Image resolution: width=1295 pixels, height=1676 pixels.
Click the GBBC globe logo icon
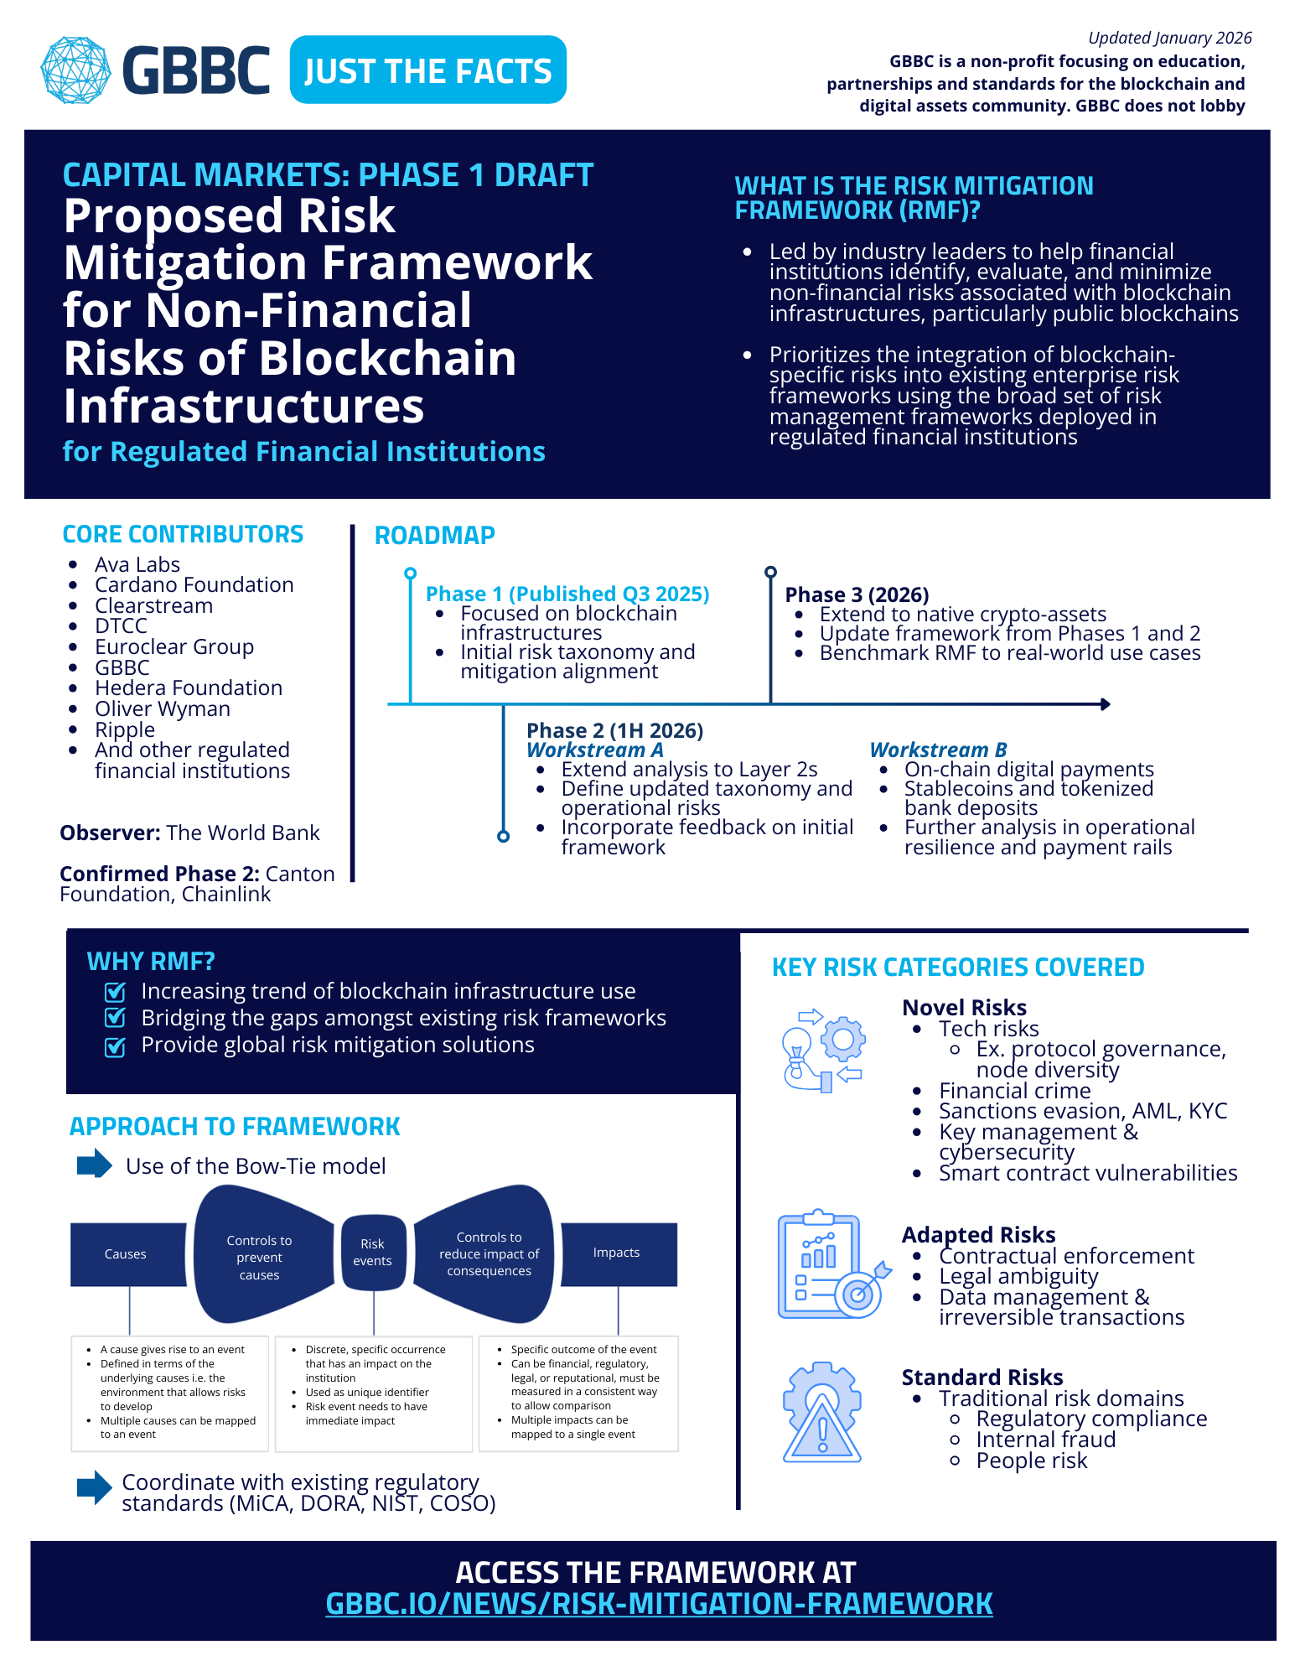coord(75,70)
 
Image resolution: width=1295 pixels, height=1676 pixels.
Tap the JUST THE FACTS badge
coord(427,70)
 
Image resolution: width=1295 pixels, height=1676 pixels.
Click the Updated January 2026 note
coord(1169,38)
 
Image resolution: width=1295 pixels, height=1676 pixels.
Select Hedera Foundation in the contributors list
coord(189,688)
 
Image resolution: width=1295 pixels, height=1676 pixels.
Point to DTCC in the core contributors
coord(121,625)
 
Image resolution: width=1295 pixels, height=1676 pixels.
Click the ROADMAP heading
coord(434,535)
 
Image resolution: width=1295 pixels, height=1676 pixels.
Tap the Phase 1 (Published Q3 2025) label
coord(567,594)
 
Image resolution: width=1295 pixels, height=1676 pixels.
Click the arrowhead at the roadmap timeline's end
coord(1105,704)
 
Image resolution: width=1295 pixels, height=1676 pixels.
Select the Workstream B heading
coord(938,750)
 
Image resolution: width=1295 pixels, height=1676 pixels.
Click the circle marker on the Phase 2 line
coord(503,836)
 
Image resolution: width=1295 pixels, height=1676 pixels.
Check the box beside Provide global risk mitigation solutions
coord(115,1046)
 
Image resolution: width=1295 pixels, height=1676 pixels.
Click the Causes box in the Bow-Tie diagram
coord(126,1254)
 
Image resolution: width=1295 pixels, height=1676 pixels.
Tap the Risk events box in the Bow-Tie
coord(373,1253)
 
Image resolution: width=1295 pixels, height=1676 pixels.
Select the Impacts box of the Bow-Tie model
coord(617,1253)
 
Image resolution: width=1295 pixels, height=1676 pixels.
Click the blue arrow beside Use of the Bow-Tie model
coord(94,1164)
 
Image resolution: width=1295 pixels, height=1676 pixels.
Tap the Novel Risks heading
coord(964,1007)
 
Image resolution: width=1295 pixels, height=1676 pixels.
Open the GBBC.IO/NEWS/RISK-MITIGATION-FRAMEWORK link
coord(659,1604)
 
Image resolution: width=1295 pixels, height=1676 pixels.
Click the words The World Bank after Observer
coord(243,833)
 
